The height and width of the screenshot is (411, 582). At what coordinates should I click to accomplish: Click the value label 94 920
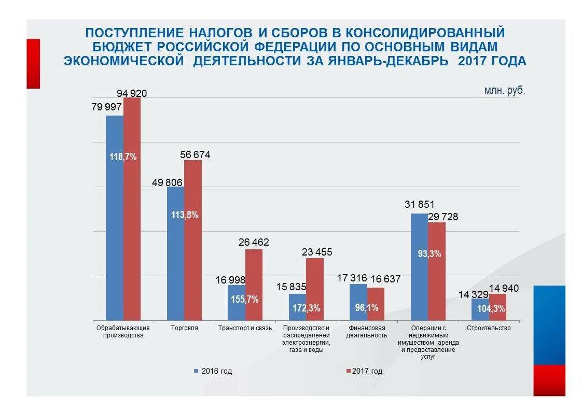point(132,93)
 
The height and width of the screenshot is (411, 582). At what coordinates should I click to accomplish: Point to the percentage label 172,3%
point(306,308)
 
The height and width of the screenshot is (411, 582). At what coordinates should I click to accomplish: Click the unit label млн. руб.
point(504,90)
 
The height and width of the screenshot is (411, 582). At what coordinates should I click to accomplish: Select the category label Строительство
point(488,328)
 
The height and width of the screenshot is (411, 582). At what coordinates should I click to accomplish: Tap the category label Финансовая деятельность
point(367,332)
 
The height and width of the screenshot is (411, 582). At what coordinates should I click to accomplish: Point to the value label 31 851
point(419,204)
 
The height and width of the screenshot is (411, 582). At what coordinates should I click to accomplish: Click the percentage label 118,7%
point(123,157)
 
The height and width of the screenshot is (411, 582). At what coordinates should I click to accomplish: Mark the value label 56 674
point(195,154)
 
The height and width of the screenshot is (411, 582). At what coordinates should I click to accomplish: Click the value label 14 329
point(473,294)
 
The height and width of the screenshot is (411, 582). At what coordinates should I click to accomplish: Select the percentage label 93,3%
point(429,253)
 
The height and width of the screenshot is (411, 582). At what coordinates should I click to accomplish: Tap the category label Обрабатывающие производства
point(123,332)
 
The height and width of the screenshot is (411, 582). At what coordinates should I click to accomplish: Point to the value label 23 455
point(317,252)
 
